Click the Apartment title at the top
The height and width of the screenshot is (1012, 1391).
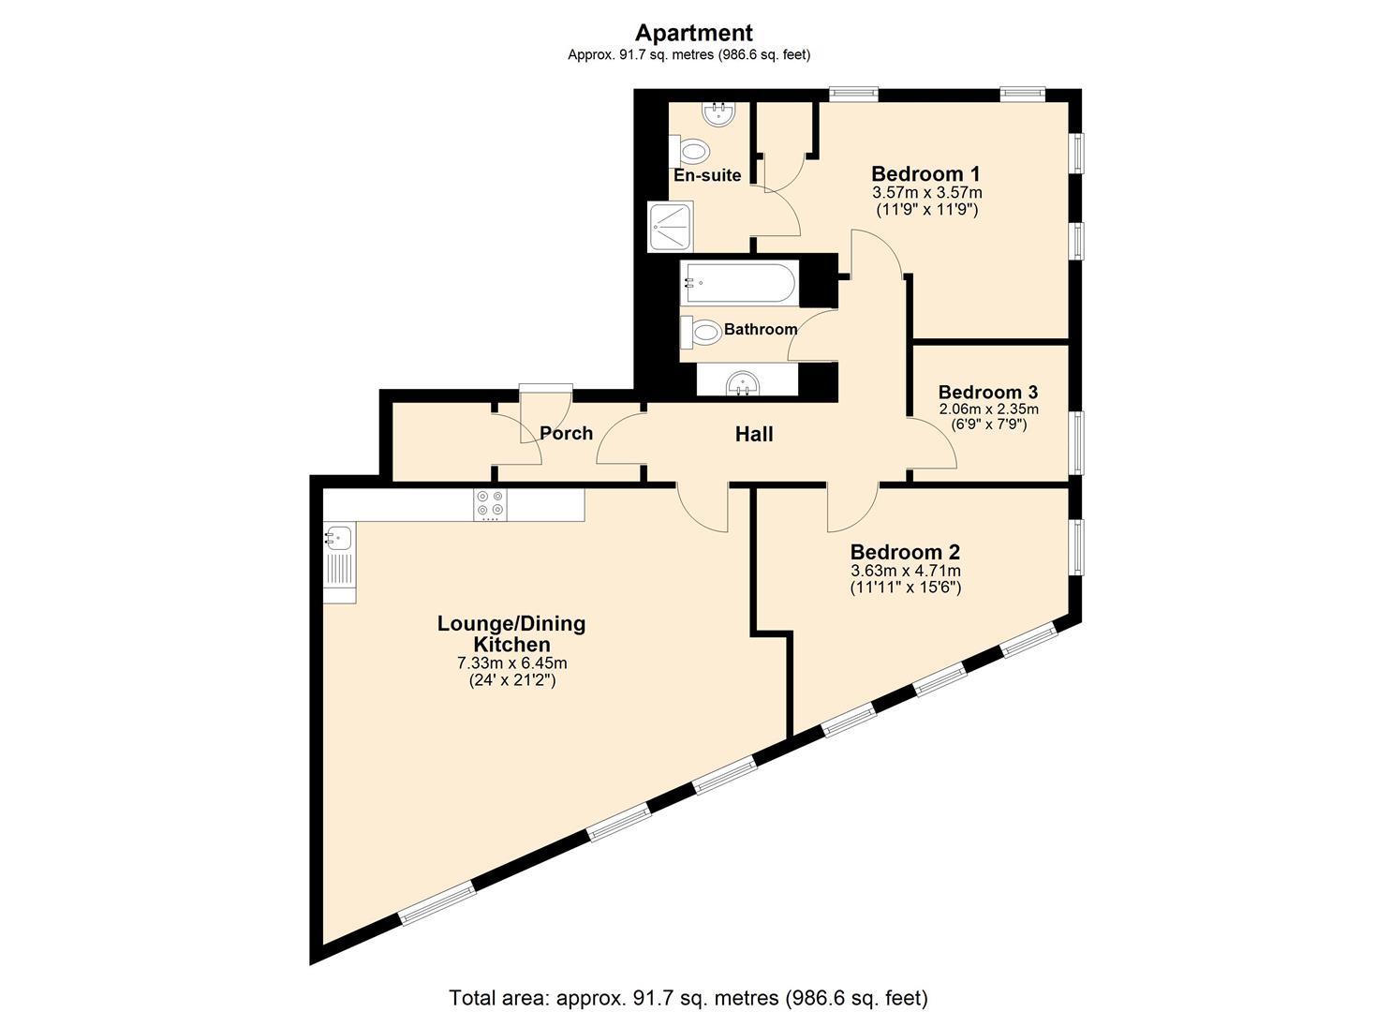tap(693, 33)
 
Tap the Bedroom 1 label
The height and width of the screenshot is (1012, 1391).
tap(925, 173)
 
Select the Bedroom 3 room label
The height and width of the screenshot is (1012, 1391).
tap(987, 392)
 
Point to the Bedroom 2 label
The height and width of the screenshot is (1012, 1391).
tap(904, 552)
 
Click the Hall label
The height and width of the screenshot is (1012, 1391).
tap(753, 434)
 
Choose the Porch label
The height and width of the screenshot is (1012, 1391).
tap(566, 433)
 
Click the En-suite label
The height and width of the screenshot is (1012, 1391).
tap(707, 175)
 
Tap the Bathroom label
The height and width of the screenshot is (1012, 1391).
tap(760, 329)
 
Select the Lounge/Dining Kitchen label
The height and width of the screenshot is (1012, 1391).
tap(511, 633)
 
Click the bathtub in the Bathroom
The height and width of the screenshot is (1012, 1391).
tap(740, 281)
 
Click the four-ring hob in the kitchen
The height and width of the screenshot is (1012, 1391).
tap(489, 505)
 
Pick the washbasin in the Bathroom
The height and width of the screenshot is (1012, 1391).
tap(747, 381)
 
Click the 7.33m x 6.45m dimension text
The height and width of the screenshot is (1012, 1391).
tap(511, 663)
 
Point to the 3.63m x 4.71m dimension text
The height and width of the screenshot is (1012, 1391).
tap(905, 571)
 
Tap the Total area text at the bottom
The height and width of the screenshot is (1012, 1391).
tap(688, 997)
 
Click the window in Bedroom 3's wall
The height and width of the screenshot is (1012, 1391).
tap(1077, 442)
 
